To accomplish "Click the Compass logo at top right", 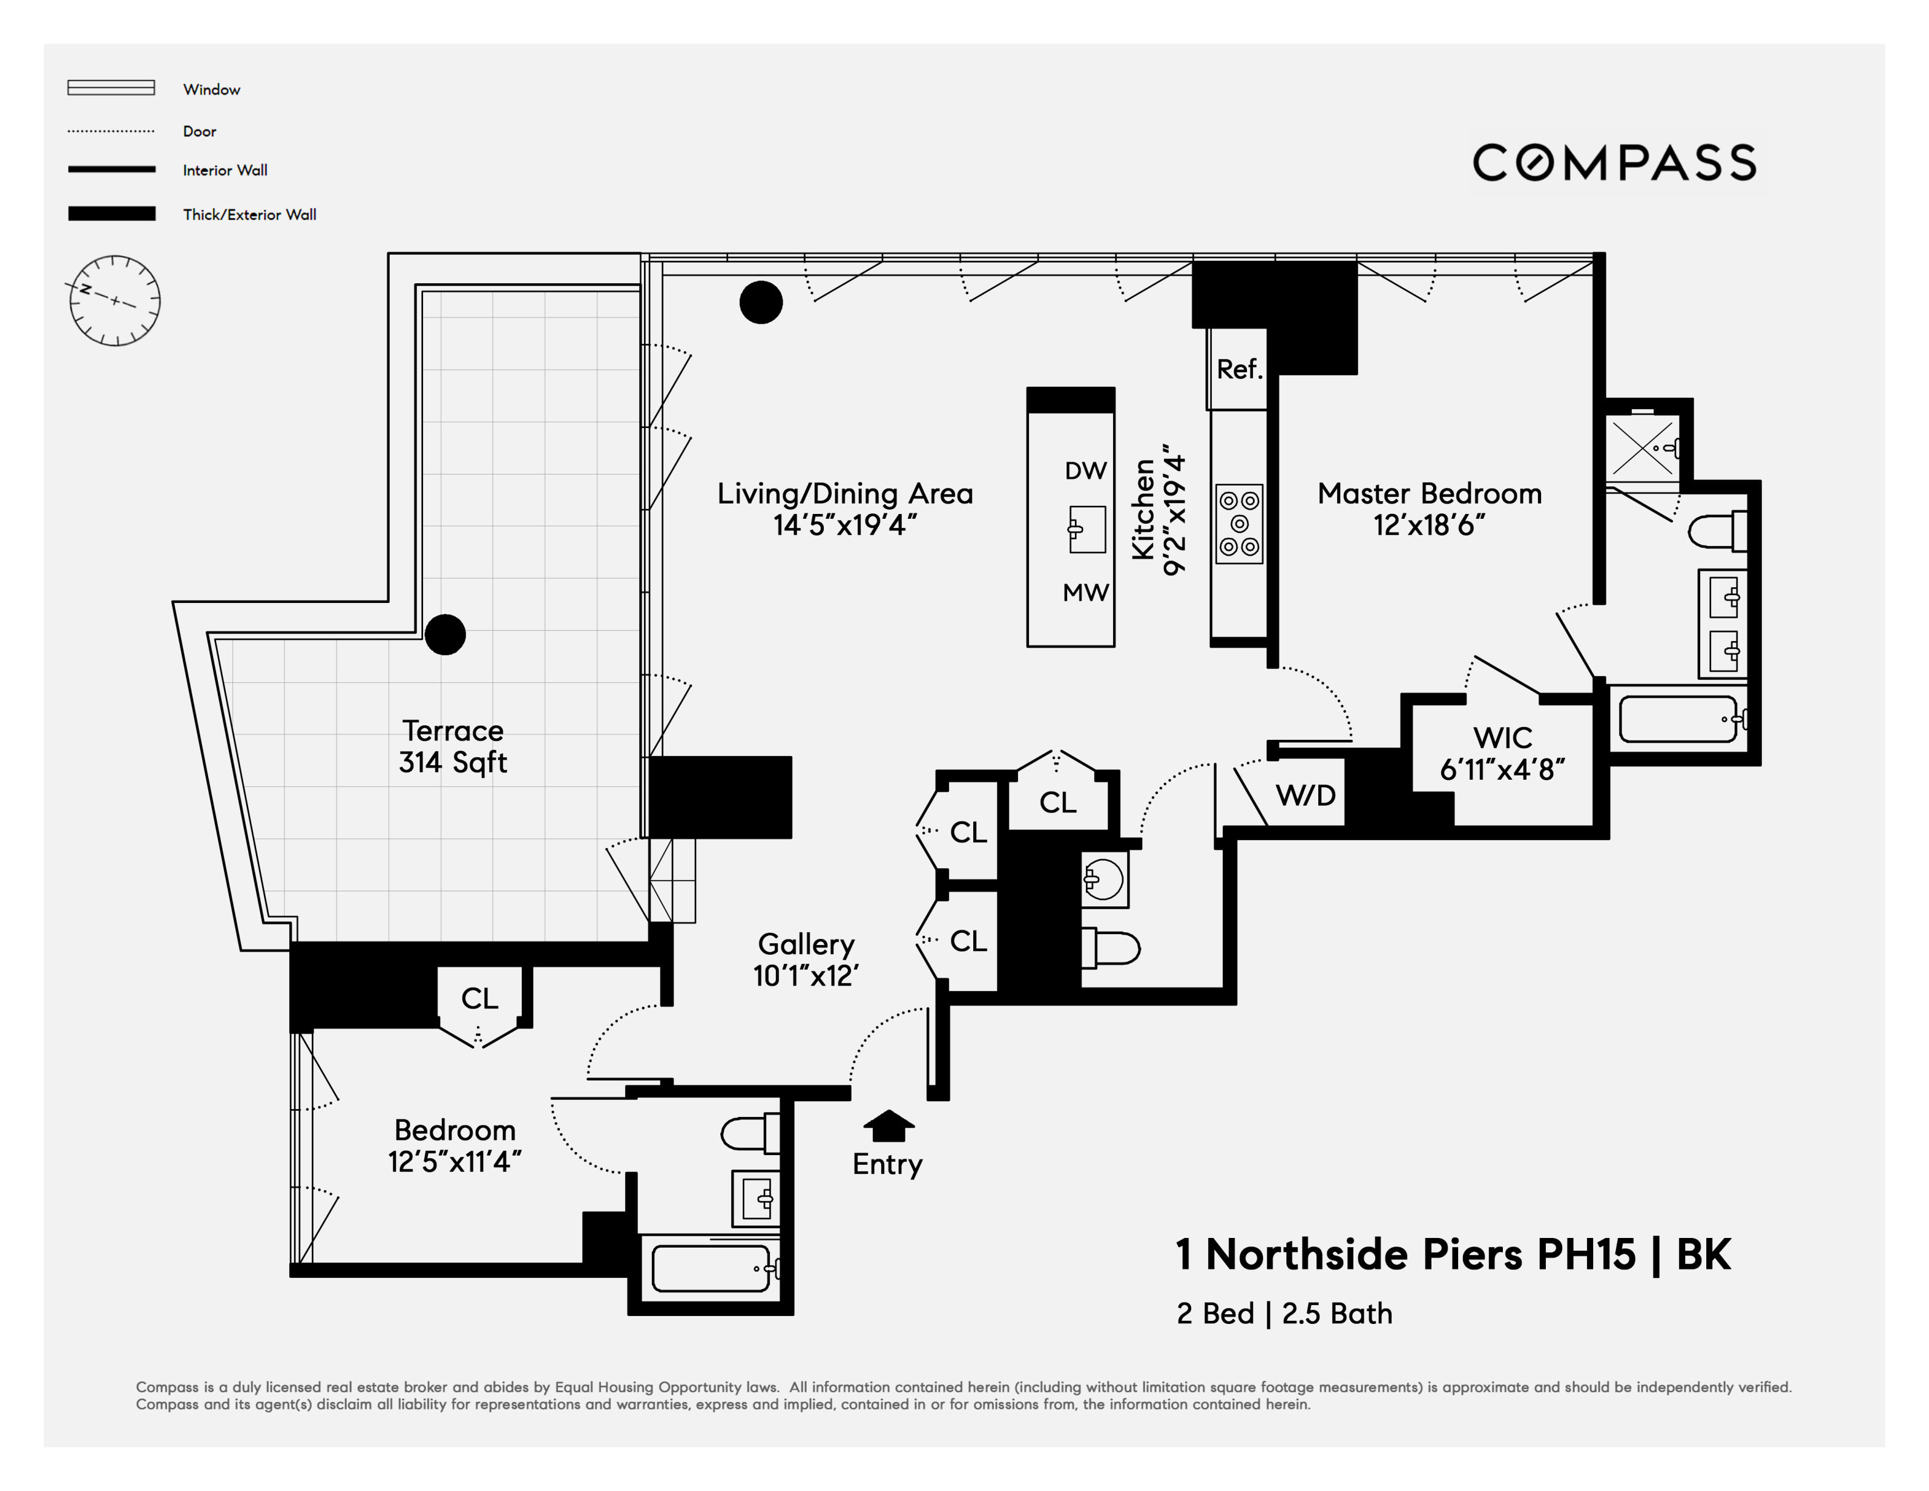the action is tap(1614, 162).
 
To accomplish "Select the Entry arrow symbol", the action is tap(889, 1125).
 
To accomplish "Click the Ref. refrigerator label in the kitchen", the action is tap(1239, 369).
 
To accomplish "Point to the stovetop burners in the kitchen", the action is tap(1239, 523).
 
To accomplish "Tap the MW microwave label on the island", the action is tap(1085, 593).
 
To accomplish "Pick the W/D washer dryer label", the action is tap(1306, 795).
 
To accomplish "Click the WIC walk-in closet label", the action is tap(1502, 737).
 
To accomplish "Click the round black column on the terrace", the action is tap(445, 634).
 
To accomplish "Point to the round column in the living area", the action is tap(760, 302).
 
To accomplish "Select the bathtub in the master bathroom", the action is tap(1679, 720).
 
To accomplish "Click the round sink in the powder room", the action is tap(1104, 879).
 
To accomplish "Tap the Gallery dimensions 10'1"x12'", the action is tap(806, 976).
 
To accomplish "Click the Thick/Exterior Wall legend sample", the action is tap(111, 214).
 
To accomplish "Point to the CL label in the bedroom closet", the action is tap(479, 998).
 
